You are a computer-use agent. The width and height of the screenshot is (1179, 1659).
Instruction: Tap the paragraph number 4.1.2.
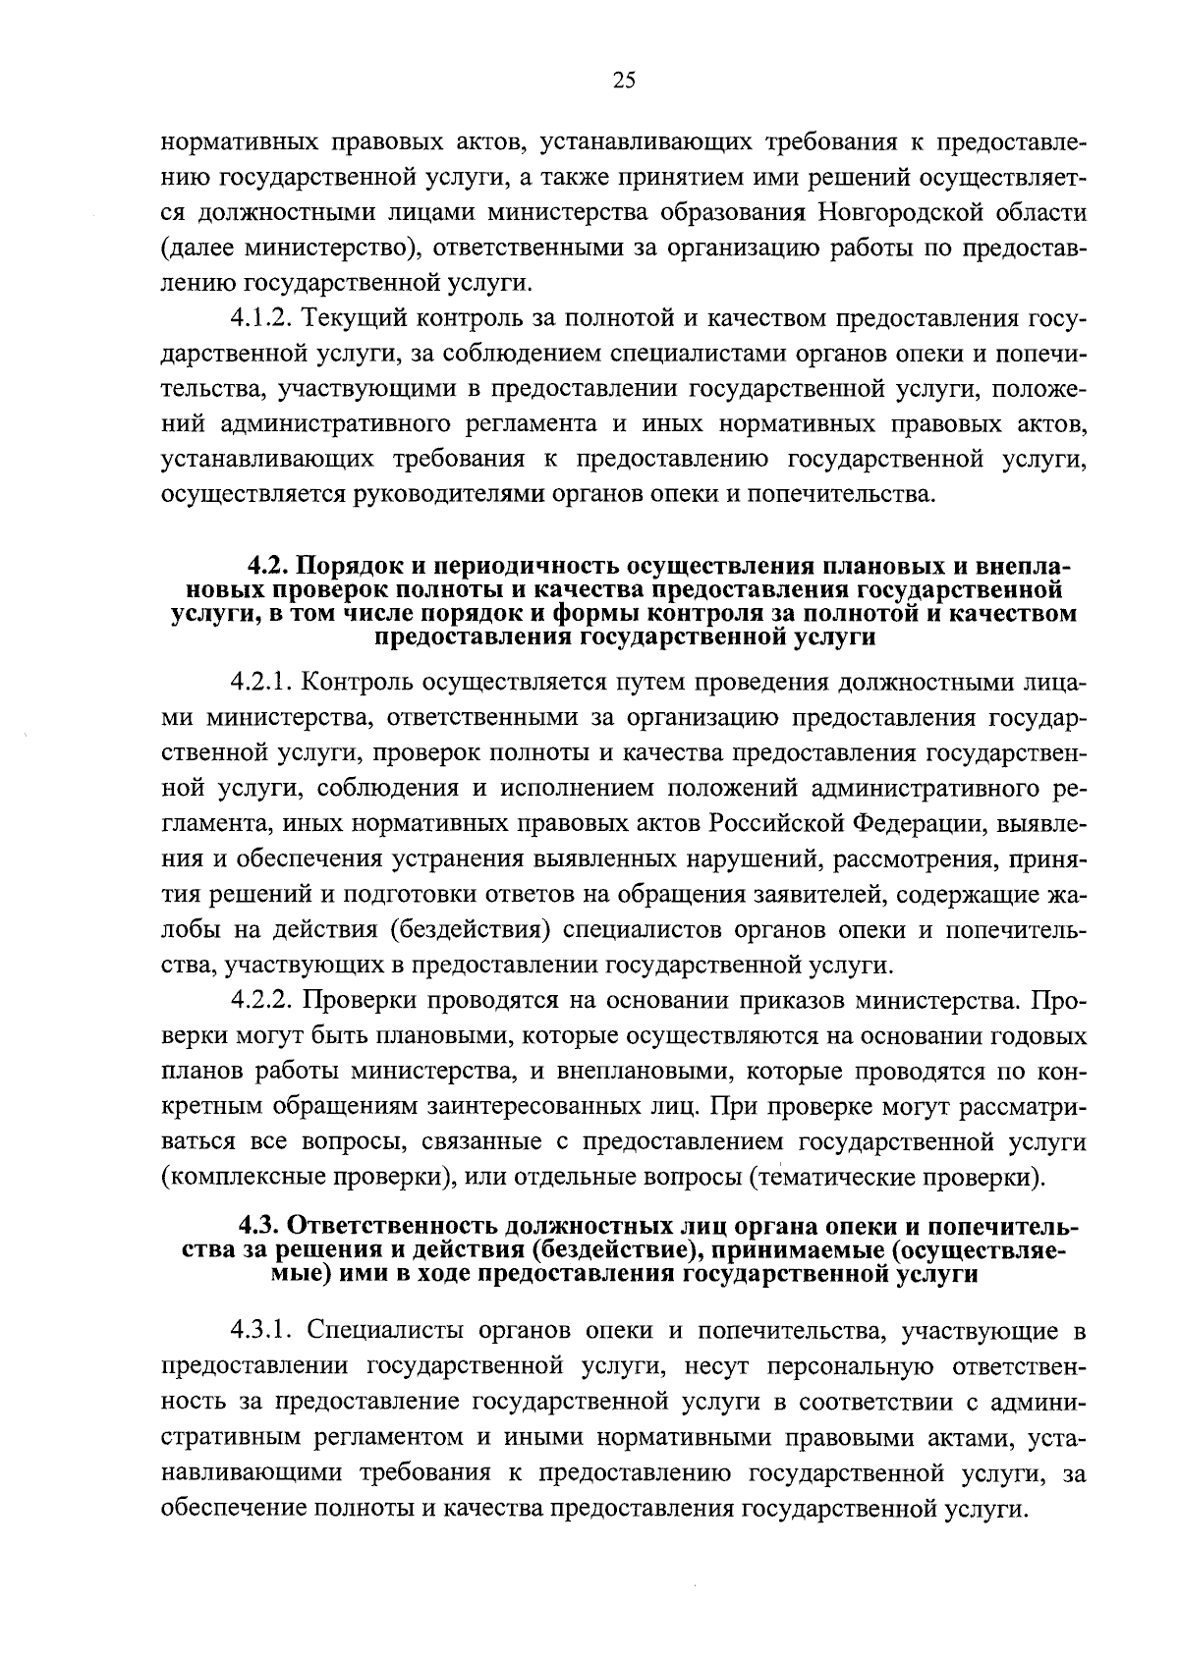(x=261, y=318)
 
